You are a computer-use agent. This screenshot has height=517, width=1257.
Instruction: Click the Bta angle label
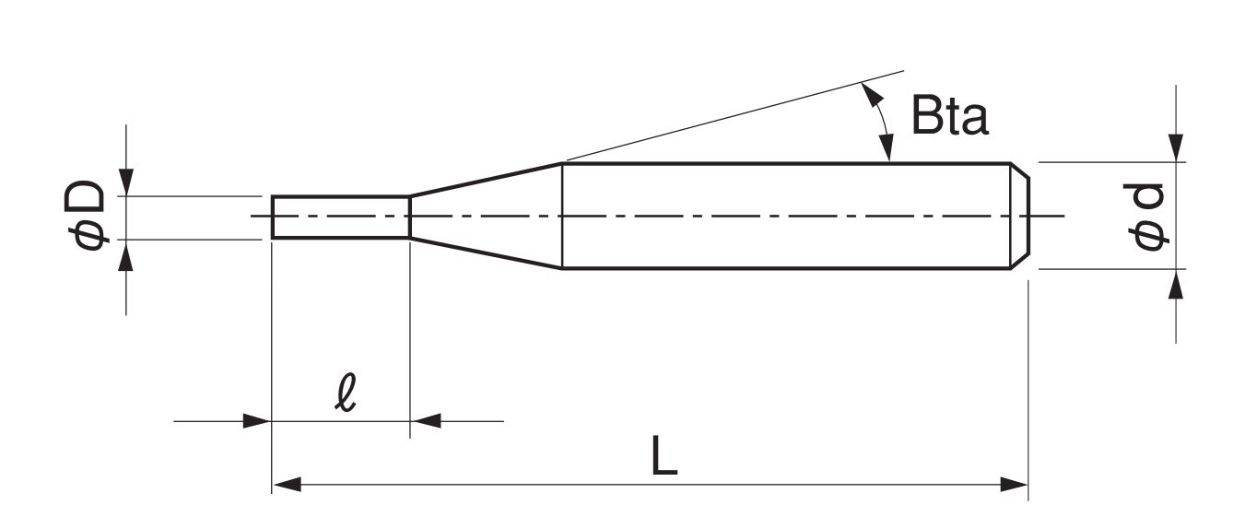(x=949, y=117)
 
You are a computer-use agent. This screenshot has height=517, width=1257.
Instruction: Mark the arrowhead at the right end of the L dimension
(x=1016, y=485)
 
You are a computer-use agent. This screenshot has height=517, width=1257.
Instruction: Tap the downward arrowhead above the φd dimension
(x=1176, y=147)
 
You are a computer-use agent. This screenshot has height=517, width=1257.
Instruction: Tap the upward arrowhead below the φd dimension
(x=1176, y=284)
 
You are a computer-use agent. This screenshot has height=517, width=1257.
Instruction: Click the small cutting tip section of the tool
(x=340, y=217)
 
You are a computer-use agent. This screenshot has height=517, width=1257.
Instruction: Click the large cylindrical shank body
(x=783, y=217)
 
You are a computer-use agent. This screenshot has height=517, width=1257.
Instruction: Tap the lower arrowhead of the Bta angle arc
(x=888, y=148)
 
